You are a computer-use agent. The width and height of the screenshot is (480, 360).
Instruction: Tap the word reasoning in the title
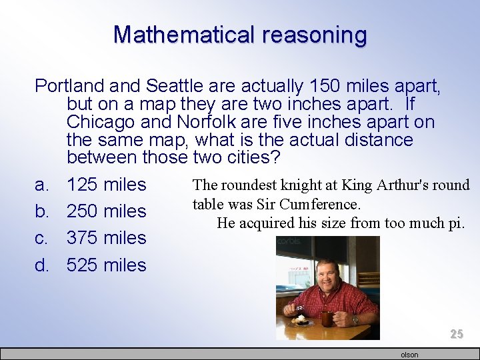click(314, 34)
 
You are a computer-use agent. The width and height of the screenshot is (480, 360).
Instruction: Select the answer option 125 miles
click(106, 184)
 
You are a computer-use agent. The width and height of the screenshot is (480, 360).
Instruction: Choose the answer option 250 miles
click(106, 211)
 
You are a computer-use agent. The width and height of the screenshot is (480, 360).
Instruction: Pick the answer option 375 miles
click(106, 238)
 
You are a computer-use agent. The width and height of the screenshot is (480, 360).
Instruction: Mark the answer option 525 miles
click(106, 265)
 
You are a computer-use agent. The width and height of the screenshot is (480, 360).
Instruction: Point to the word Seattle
click(175, 86)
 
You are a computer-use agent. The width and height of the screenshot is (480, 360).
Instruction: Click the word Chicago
click(105, 123)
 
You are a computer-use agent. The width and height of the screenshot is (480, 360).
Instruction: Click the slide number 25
click(456, 334)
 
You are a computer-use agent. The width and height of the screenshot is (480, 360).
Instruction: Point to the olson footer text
click(409, 355)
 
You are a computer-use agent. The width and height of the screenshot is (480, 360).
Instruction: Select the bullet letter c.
click(41, 238)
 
